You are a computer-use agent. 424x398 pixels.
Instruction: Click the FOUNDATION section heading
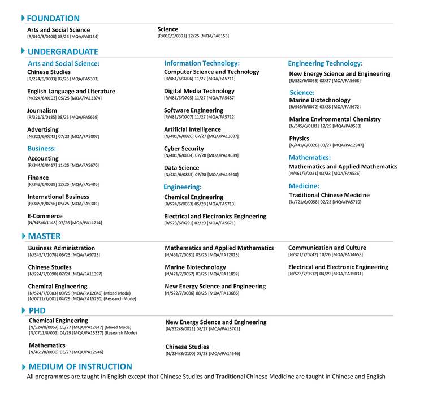click(x=53, y=19)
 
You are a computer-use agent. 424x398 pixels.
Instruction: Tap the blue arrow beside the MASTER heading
click(x=23, y=236)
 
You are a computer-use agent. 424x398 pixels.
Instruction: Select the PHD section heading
click(x=37, y=310)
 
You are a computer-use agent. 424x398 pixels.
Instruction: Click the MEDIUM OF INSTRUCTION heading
click(x=80, y=366)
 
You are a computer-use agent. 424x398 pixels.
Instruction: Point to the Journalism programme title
click(x=42, y=111)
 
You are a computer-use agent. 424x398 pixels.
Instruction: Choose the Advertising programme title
click(x=43, y=130)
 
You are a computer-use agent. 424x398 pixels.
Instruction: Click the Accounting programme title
click(x=43, y=159)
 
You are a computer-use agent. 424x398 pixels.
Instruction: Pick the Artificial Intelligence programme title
click(x=192, y=129)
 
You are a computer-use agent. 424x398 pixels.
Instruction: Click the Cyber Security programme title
click(x=184, y=149)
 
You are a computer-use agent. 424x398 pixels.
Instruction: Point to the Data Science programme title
click(x=181, y=168)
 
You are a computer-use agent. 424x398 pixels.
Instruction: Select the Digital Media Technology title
click(x=199, y=91)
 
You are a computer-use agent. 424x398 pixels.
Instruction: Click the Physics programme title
click(x=299, y=139)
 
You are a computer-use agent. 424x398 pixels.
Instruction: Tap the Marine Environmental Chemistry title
click(x=335, y=119)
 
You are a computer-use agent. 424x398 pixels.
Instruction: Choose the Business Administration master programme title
click(x=62, y=248)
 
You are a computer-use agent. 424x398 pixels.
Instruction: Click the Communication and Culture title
click(x=327, y=248)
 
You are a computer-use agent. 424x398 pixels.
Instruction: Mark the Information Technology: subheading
click(x=202, y=63)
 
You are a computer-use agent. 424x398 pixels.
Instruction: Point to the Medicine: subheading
click(x=304, y=186)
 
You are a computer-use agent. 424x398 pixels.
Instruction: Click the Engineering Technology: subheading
click(x=325, y=64)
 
